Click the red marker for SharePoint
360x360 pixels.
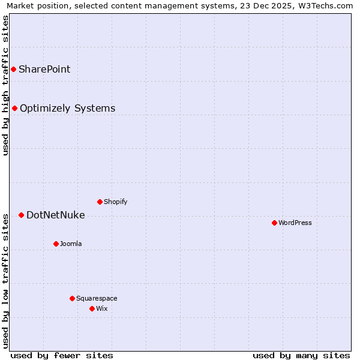point(13,70)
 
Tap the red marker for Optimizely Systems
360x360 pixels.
point(15,109)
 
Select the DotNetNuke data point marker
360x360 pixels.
point(21,215)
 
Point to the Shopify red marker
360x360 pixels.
point(100,202)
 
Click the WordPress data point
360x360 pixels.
point(274,223)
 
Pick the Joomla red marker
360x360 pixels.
point(56,244)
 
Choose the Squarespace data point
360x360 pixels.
point(72,298)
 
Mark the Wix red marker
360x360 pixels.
point(92,308)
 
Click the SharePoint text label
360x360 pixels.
point(44,70)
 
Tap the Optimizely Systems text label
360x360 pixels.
point(67,109)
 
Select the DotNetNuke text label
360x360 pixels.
point(55,215)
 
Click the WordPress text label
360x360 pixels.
point(295,223)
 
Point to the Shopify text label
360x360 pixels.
point(115,202)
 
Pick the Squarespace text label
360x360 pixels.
point(97,298)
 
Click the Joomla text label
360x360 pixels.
point(71,244)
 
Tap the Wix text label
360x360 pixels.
point(102,308)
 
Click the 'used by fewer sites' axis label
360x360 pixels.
point(62,355)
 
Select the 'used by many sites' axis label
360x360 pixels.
point(301,355)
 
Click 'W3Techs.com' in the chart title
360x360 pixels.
point(326,6)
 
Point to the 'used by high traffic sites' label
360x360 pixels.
point(6,85)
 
